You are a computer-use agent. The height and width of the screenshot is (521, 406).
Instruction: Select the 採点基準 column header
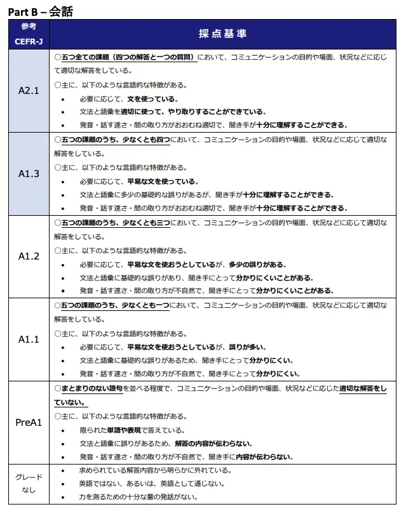point(222,34)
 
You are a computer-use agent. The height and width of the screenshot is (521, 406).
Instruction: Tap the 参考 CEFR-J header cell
point(29,34)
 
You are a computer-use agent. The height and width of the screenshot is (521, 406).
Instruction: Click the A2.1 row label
point(29,90)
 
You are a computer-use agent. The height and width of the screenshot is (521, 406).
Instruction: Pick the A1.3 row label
point(29,173)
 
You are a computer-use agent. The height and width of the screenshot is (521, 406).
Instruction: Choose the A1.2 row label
point(29,256)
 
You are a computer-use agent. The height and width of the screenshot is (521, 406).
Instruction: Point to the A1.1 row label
point(29,339)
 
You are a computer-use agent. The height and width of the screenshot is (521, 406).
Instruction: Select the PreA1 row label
point(29,422)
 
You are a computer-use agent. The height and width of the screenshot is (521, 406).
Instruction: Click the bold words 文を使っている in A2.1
point(152,99)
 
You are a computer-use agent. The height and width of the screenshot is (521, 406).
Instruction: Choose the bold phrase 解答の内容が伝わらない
point(213,444)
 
